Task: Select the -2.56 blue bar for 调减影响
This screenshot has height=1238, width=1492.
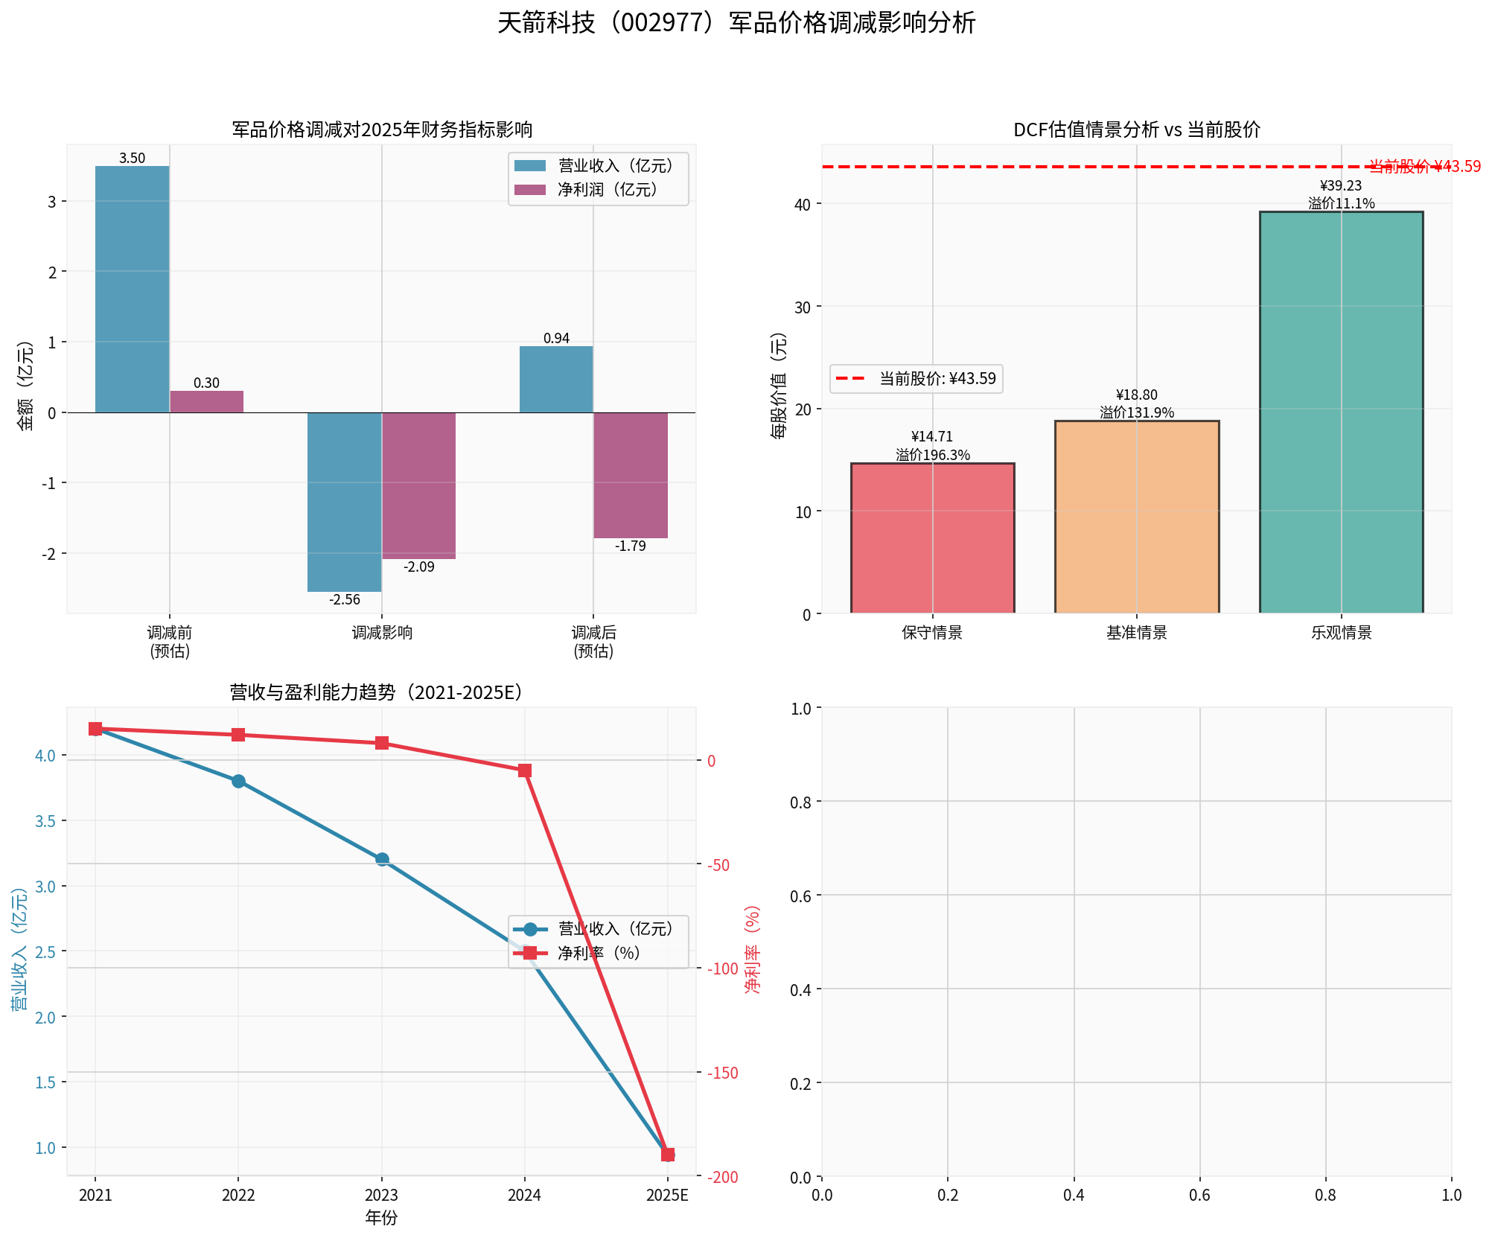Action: click(345, 502)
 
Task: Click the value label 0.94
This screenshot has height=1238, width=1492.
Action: click(556, 339)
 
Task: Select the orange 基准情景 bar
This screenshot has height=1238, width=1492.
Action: click(1137, 517)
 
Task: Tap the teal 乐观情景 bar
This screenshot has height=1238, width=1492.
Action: click(1341, 412)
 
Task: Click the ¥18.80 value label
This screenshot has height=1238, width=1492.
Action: click(1137, 395)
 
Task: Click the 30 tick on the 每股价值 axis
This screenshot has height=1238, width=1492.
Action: click(803, 307)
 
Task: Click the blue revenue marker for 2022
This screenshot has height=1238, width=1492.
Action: click(238, 781)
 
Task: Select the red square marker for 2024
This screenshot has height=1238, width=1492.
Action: click(525, 770)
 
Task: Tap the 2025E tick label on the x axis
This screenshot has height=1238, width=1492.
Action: click(667, 1196)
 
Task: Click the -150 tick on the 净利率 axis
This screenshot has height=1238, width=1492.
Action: click(723, 1073)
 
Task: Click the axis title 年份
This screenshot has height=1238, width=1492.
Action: click(381, 1218)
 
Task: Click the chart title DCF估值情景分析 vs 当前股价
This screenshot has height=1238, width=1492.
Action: click(1137, 130)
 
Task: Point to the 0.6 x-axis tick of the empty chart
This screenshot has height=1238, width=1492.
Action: click(1199, 1196)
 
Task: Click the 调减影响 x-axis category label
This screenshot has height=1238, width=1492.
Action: click(382, 633)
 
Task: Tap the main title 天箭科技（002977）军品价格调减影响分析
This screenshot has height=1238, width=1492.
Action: click(736, 23)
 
